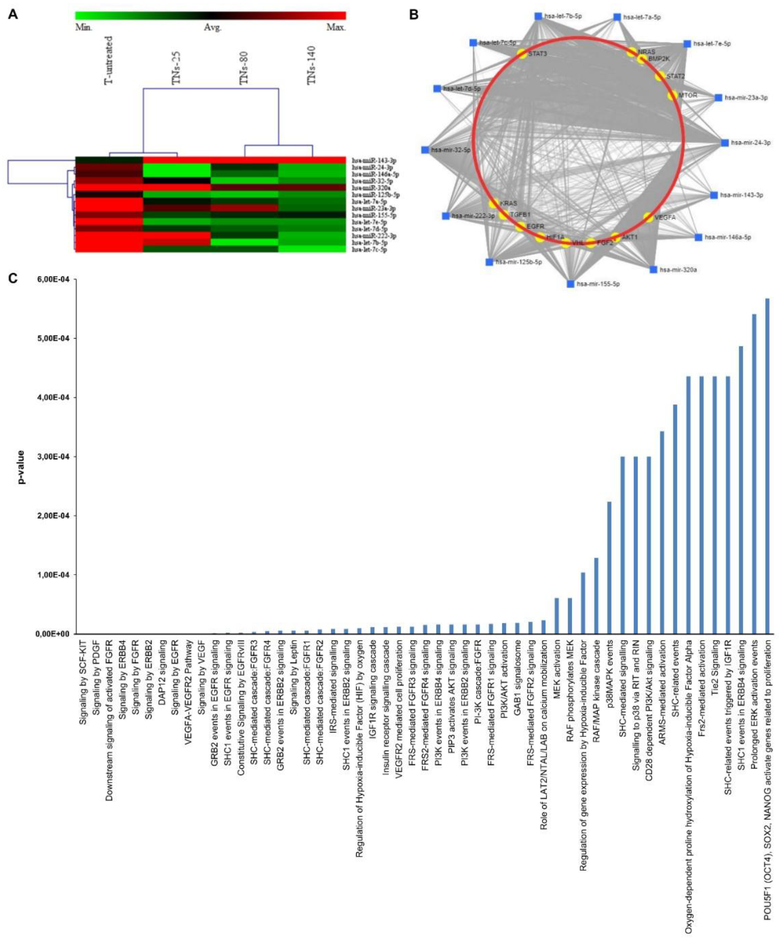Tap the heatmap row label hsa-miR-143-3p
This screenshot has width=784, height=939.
click(374, 160)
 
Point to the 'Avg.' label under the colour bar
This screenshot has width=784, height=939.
click(213, 27)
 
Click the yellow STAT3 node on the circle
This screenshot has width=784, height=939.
click(521, 54)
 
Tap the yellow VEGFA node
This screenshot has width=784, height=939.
click(648, 217)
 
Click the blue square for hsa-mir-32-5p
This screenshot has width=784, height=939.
click(425, 150)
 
